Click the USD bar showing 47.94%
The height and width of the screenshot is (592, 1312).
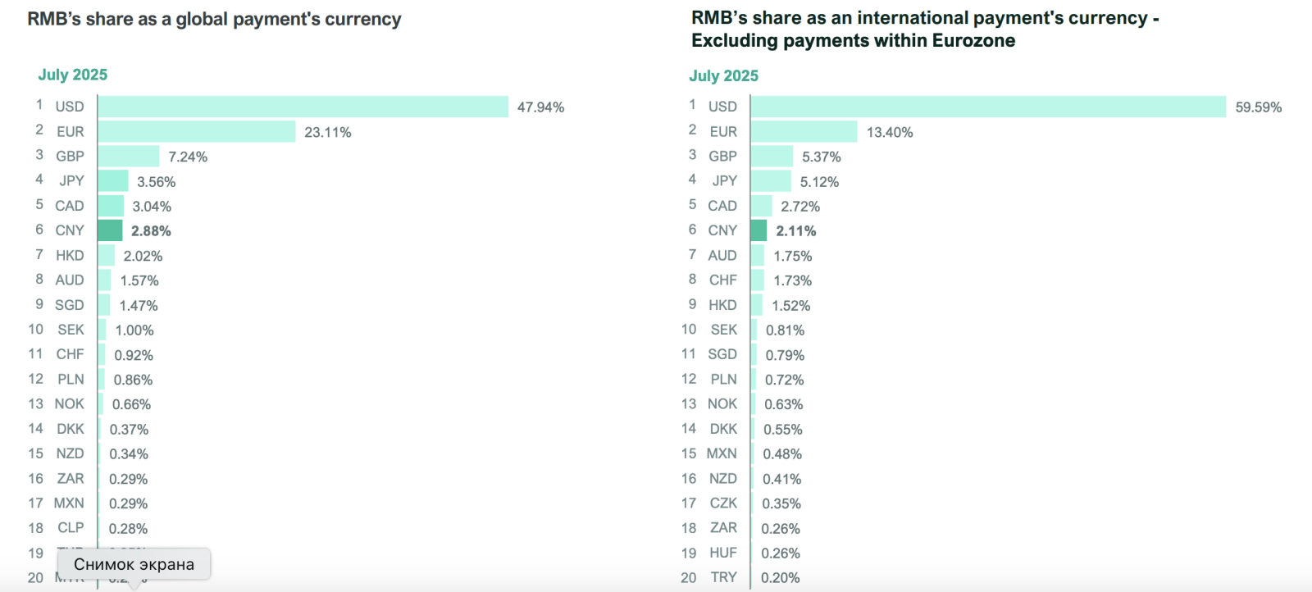click(x=303, y=107)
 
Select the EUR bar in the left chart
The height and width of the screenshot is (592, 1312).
click(x=197, y=131)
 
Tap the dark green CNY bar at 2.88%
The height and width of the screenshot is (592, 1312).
click(x=110, y=230)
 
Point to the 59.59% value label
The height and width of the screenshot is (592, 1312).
click(x=1258, y=107)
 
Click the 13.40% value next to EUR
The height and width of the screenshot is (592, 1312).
click(x=890, y=132)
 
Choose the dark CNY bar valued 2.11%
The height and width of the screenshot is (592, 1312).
click(x=758, y=230)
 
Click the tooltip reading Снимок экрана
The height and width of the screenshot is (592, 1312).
click(x=134, y=564)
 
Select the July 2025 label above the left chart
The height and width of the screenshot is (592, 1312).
click(x=73, y=75)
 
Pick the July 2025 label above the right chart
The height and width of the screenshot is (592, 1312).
click(x=724, y=75)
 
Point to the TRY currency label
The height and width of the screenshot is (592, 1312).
click(x=723, y=577)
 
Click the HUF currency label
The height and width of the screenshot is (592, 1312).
click(x=723, y=553)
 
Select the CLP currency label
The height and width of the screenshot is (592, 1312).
click(x=71, y=528)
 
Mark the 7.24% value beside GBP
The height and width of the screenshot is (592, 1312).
click(x=188, y=157)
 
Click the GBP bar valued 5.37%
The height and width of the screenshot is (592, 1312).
click(x=772, y=156)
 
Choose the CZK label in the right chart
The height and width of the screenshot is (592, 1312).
click(x=723, y=503)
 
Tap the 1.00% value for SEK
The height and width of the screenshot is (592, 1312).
click(x=134, y=330)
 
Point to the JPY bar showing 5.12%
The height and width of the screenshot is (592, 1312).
click(x=771, y=181)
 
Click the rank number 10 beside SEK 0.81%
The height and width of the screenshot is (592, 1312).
click(x=689, y=329)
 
